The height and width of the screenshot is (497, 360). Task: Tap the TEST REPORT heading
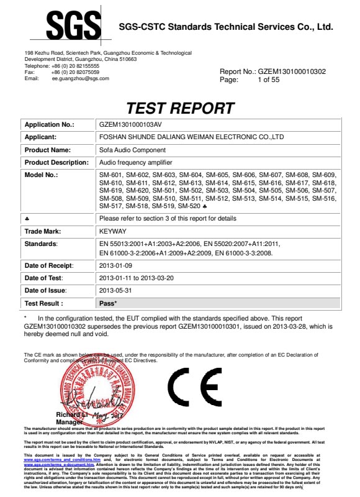(x=180, y=108)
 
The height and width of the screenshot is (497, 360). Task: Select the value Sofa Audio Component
(x=132, y=150)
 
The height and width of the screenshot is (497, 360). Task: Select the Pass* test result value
(x=109, y=303)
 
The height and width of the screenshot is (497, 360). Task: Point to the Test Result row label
(x=43, y=303)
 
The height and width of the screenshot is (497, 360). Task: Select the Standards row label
(x=41, y=244)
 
